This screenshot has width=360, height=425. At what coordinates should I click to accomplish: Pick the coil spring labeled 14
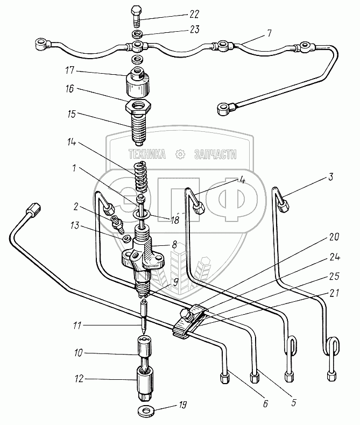point(142,176)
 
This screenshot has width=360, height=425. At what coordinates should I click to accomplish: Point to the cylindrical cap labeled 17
point(138,82)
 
